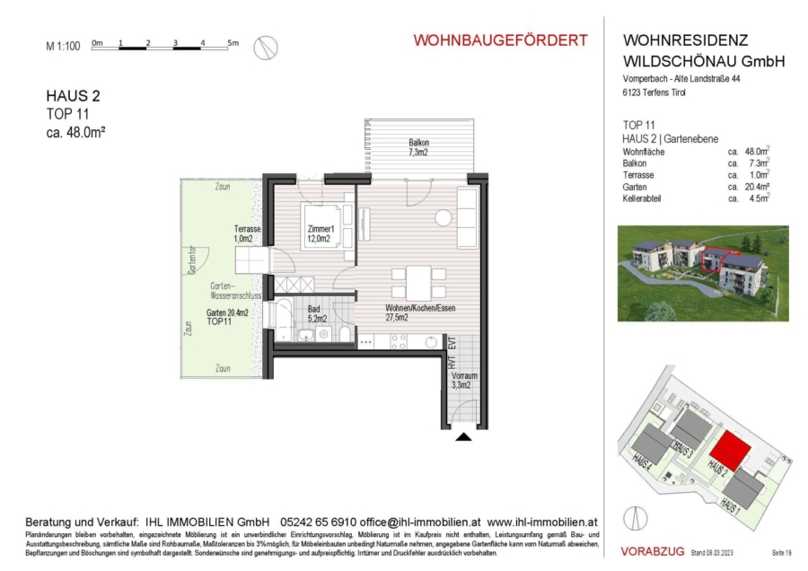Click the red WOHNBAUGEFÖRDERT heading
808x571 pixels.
click(500, 40)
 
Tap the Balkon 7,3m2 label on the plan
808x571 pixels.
click(418, 147)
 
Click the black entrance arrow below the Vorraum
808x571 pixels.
click(463, 437)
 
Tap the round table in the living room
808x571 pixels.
click(443, 218)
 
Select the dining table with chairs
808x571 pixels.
click(419, 284)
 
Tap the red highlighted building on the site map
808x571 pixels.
click(733, 446)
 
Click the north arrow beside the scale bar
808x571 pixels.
click(265, 47)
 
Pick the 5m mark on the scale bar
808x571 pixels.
click(233, 42)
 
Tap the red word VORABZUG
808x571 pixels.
click(653, 550)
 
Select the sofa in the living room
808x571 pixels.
click(469, 218)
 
